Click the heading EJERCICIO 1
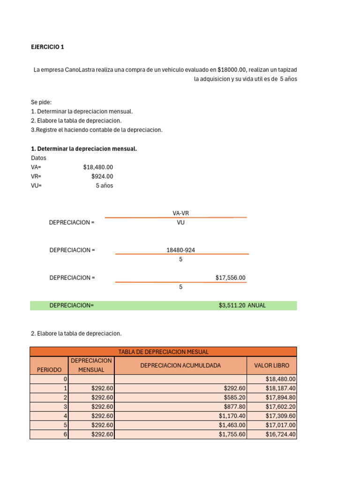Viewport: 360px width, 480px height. pyautogui.click(x=47, y=47)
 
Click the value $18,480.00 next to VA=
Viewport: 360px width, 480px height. pyautogui.click(x=98, y=167)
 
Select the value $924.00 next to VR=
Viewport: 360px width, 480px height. pyautogui.click(x=102, y=176)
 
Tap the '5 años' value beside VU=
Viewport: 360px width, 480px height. pyautogui.click(x=105, y=186)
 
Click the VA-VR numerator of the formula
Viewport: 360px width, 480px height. pyautogui.click(x=180, y=213)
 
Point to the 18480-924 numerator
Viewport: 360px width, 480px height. pyautogui.click(x=180, y=250)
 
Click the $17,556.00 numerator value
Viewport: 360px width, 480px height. pyautogui.click(x=230, y=277)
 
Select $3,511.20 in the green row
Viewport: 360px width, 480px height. pyautogui.click(x=232, y=305)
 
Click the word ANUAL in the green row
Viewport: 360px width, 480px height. pyautogui.click(x=256, y=305)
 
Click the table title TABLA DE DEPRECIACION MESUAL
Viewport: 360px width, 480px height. pyautogui.click(x=163, y=352)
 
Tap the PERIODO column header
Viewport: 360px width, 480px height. pyautogui.click(x=49, y=370)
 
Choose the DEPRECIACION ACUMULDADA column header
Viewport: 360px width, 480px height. pyautogui.click(x=180, y=365)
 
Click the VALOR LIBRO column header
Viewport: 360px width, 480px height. pyautogui.click(x=271, y=365)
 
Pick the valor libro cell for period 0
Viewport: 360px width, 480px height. pyautogui.click(x=280, y=379)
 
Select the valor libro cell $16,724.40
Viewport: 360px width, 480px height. pyautogui.click(x=280, y=435)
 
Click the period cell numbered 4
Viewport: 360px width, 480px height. pyautogui.click(x=66, y=416)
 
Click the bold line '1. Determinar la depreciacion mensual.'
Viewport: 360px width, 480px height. pyautogui.click(x=84, y=149)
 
